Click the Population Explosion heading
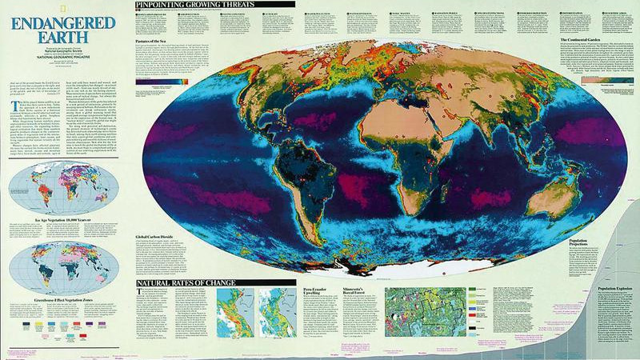(x=609, y=288)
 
